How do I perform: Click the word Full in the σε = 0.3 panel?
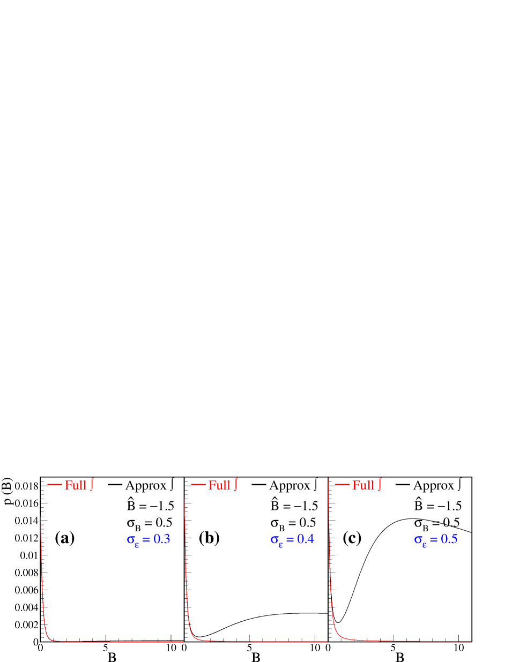(76, 485)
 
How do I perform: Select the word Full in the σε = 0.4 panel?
(219, 485)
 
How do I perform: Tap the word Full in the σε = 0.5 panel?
(363, 485)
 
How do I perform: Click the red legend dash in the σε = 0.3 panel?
(55, 485)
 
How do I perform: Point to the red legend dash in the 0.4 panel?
(198, 485)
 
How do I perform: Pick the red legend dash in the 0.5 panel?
(343, 485)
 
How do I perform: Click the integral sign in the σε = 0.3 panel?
(92, 484)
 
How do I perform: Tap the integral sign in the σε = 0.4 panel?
(236, 484)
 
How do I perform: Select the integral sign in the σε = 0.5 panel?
(380, 484)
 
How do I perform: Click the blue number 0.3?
(162, 539)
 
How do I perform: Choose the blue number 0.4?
(306, 539)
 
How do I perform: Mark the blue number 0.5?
(449, 539)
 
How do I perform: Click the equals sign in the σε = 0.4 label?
(290, 540)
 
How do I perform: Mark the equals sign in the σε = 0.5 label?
(434, 540)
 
